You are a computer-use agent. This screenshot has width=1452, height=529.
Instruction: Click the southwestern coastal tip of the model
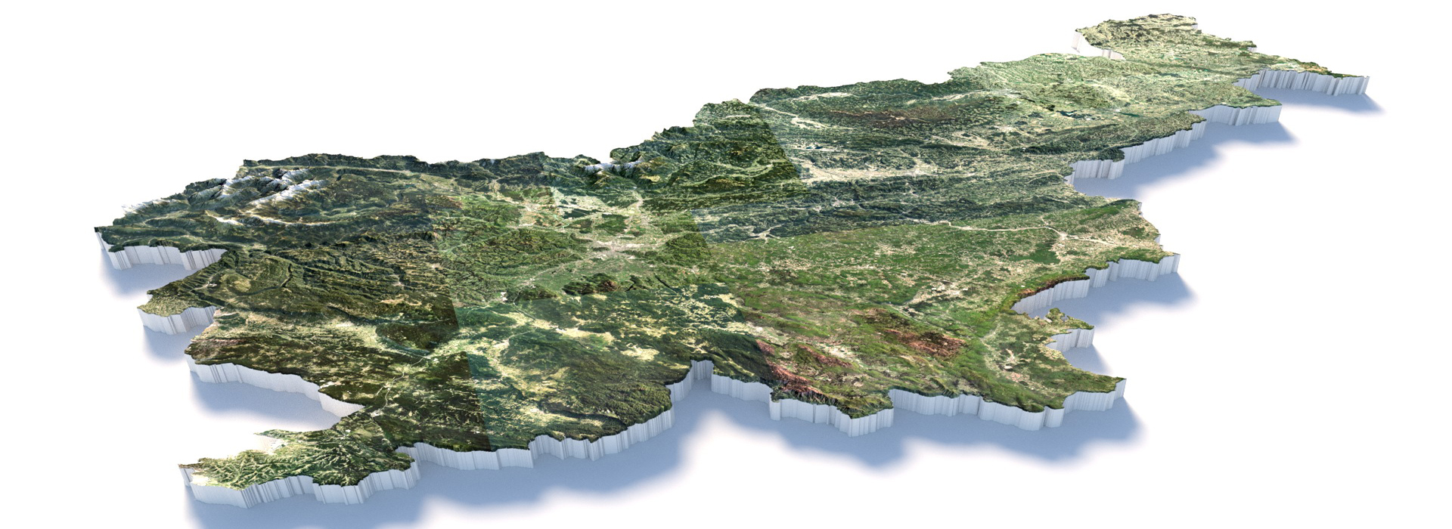pyautogui.click(x=185, y=469)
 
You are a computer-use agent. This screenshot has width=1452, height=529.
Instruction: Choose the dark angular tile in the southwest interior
pyautogui.click(x=423, y=317)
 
